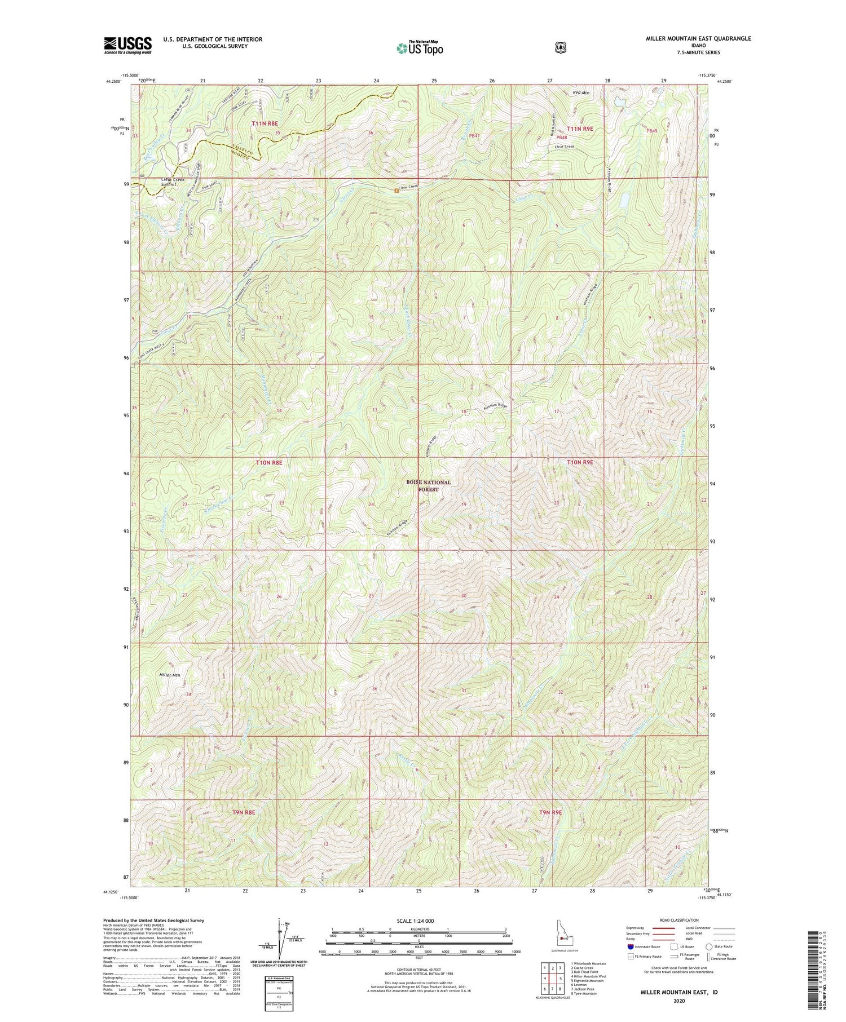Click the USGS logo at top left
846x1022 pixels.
[127, 45]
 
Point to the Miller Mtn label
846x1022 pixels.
[169, 675]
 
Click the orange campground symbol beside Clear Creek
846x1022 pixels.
[396, 190]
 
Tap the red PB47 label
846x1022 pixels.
[474, 136]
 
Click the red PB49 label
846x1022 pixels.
[652, 131]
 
